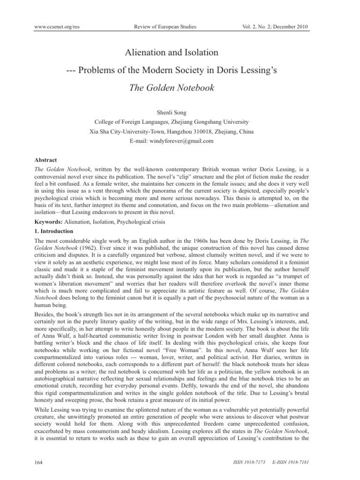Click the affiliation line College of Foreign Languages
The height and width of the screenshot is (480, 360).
(x=180, y=120)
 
